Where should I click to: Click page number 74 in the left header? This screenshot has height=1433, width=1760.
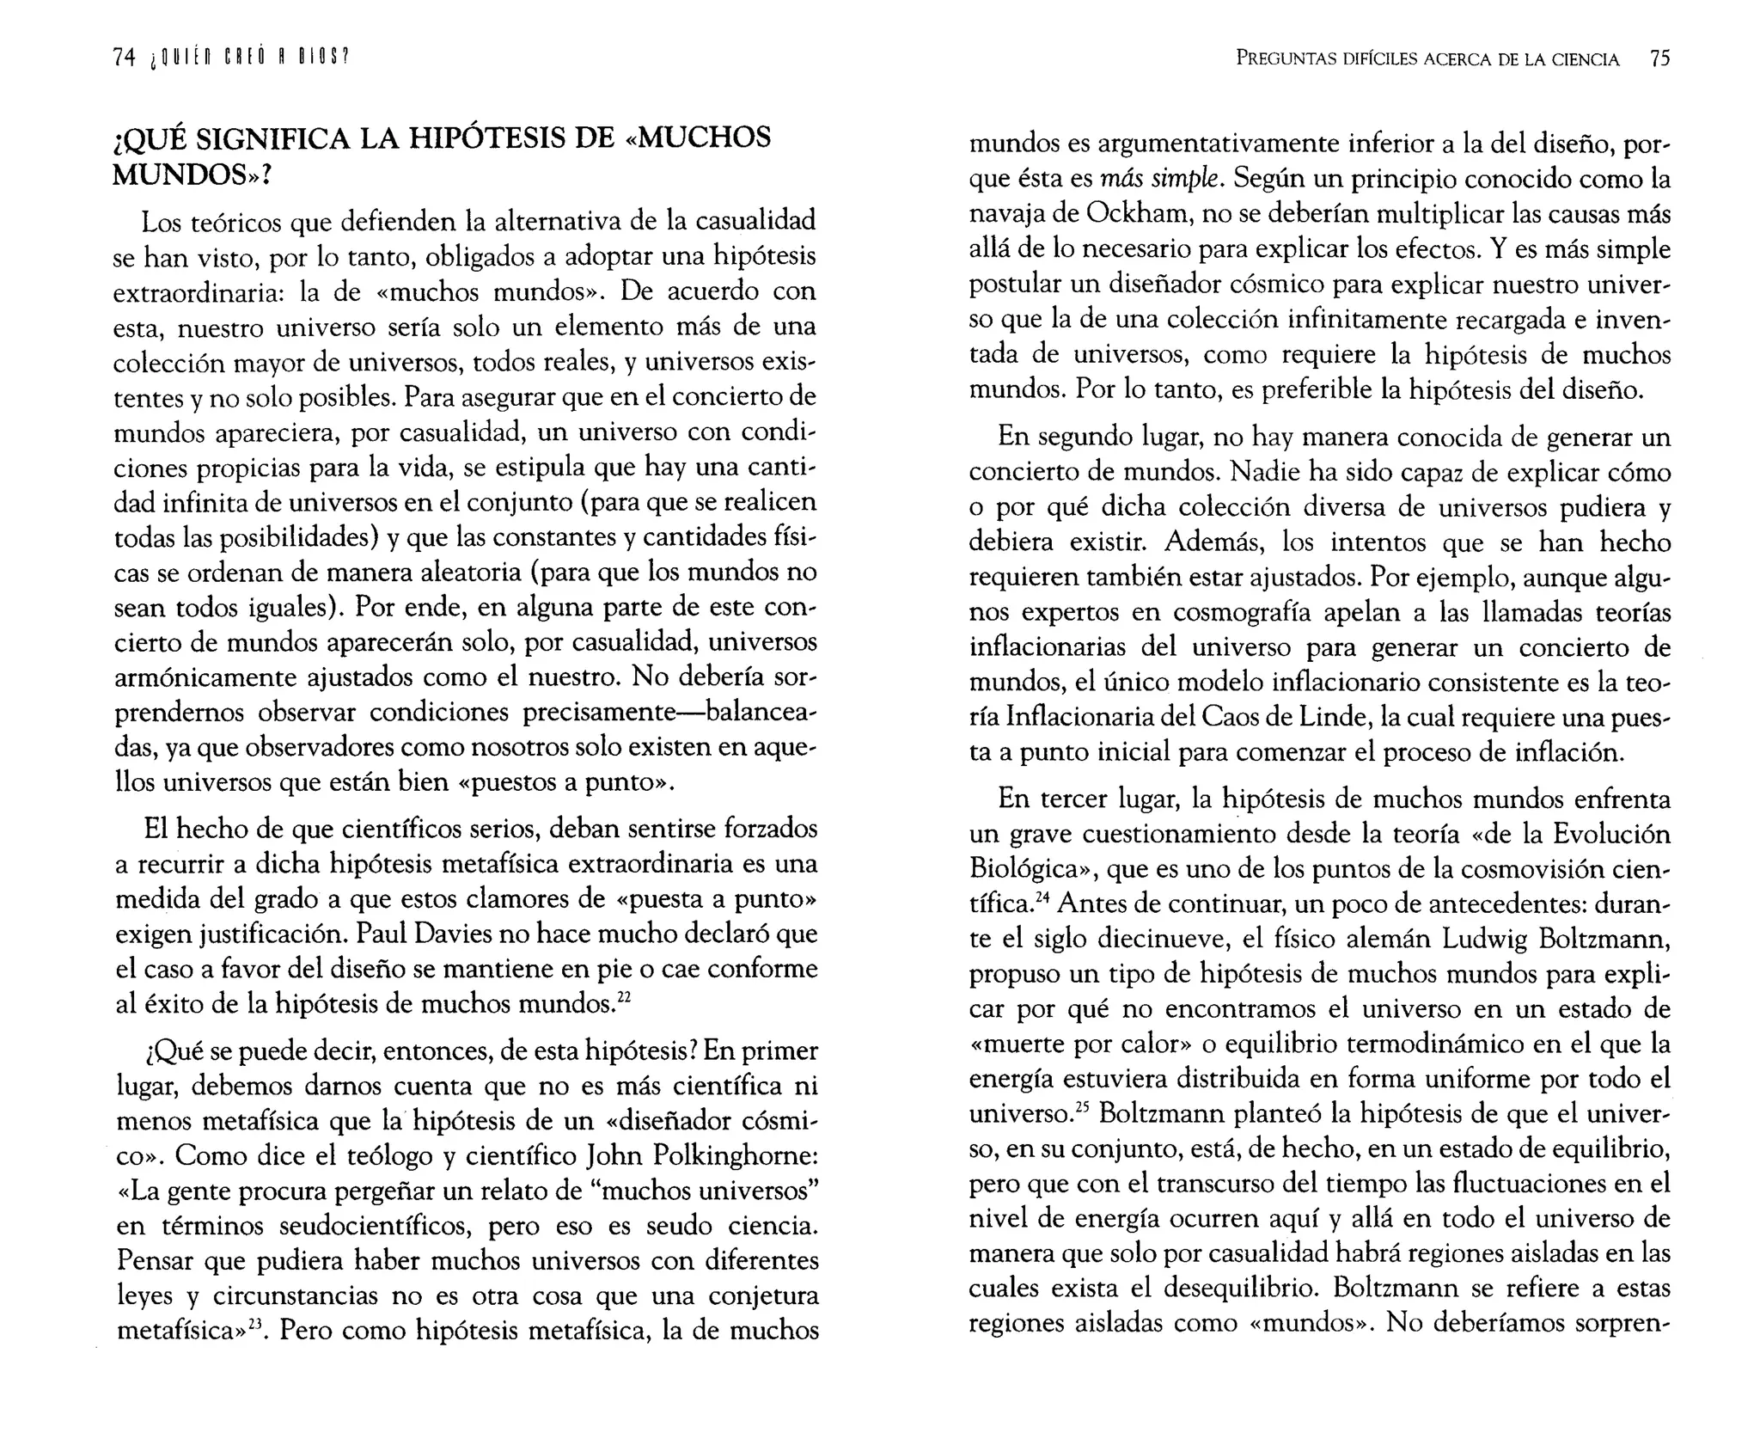(124, 58)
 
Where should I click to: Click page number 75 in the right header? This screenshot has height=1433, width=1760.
(1659, 58)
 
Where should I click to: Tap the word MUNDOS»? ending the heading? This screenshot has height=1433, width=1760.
(192, 175)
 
